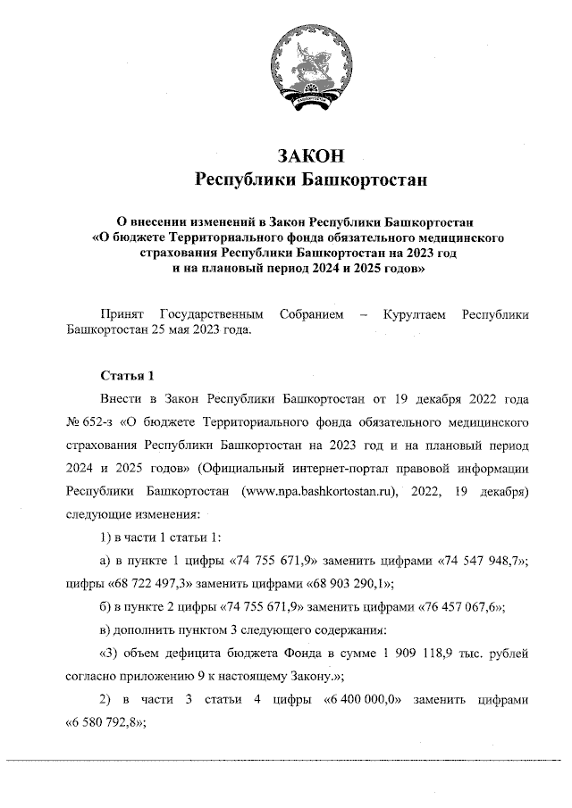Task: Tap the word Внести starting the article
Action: [121, 396]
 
